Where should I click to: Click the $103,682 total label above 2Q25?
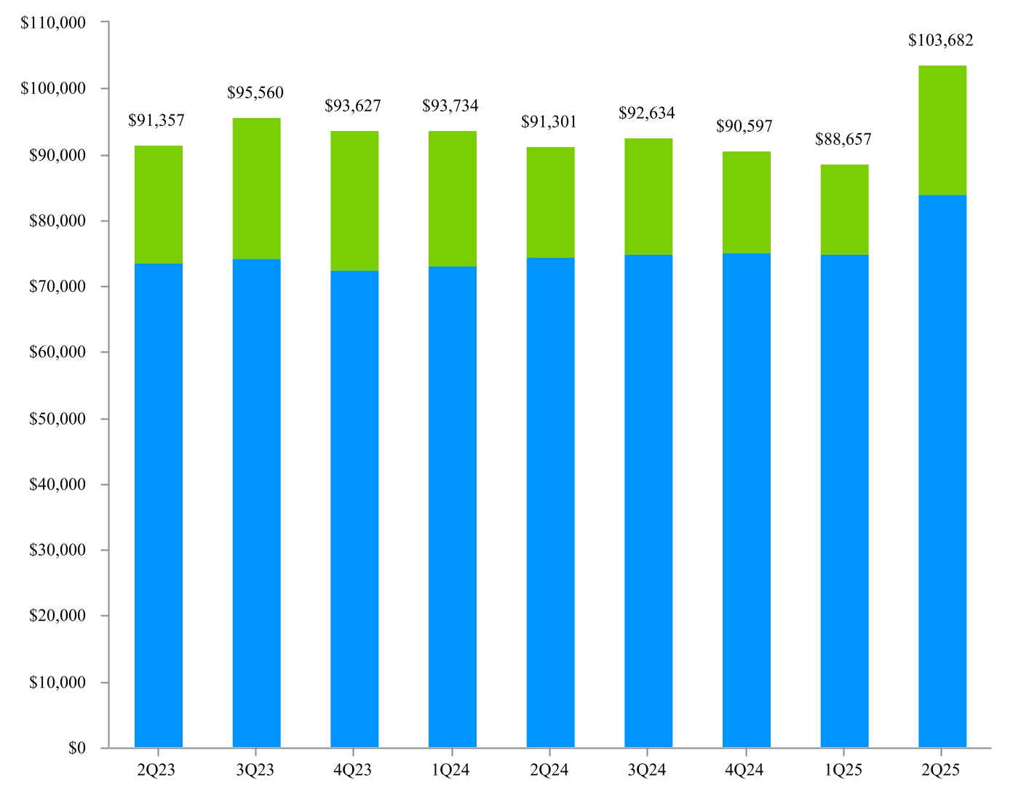(940, 41)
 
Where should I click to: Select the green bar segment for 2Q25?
(942, 130)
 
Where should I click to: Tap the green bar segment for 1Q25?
(844, 210)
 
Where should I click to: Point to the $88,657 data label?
(843, 139)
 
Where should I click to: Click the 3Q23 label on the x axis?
(255, 770)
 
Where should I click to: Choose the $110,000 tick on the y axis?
(53, 23)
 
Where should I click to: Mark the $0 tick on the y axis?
(77, 748)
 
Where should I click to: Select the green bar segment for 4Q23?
(354, 201)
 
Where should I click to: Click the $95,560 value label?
(255, 92)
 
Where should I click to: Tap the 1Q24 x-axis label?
(450, 770)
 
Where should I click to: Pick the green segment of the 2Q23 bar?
(159, 205)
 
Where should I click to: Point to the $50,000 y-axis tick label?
(57, 419)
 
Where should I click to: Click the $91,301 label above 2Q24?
(549, 122)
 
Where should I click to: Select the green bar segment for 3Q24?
(648, 197)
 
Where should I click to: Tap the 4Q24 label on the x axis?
(744, 770)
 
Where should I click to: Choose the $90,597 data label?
(744, 126)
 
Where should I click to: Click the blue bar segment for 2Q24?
(550, 502)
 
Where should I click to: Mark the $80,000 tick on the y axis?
(57, 221)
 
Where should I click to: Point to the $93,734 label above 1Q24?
(450, 106)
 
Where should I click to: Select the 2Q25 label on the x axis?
(940, 770)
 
